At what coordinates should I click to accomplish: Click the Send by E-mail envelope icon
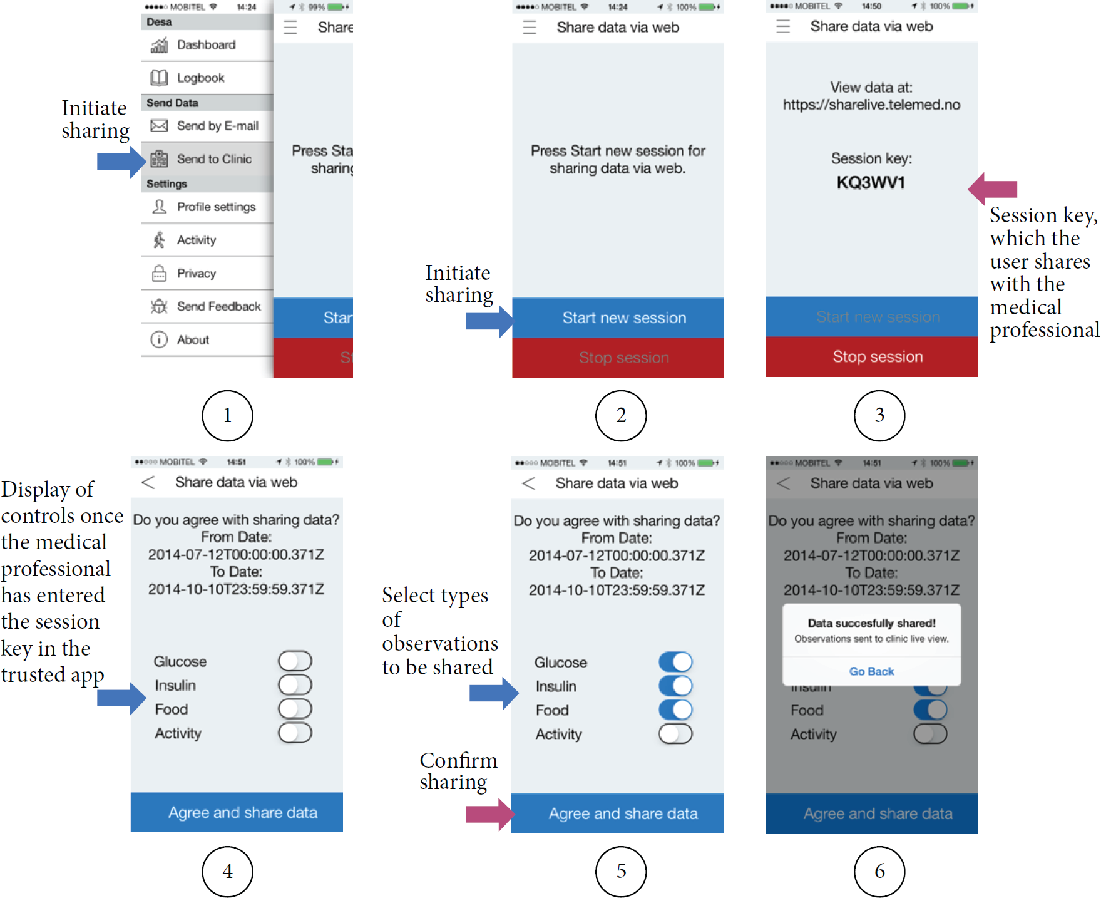(x=159, y=126)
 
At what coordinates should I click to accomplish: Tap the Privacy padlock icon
(x=159, y=273)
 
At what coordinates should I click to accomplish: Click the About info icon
(x=159, y=339)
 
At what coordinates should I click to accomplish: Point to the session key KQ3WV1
(x=871, y=183)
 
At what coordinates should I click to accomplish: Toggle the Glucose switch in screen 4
(x=295, y=661)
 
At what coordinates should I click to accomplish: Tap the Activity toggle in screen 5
(x=675, y=734)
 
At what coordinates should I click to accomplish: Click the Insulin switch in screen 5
(x=675, y=686)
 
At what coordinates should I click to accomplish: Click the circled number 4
(x=227, y=871)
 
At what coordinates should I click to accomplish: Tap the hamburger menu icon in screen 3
(x=783, y=26)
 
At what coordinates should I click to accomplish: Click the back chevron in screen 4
(x=148, y=482)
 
